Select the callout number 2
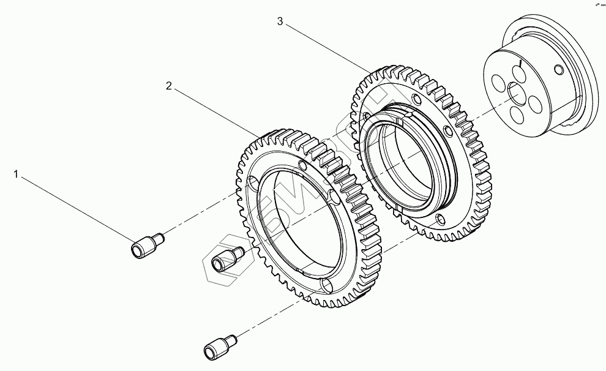click(x=168, y=86)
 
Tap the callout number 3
click(x=280, y=21)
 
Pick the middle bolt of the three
click(x=225, y=260)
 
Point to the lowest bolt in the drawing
click(x=218, y=347)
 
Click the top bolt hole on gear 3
click(x=416, y=100)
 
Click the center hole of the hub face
click(x=516, y=91)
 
